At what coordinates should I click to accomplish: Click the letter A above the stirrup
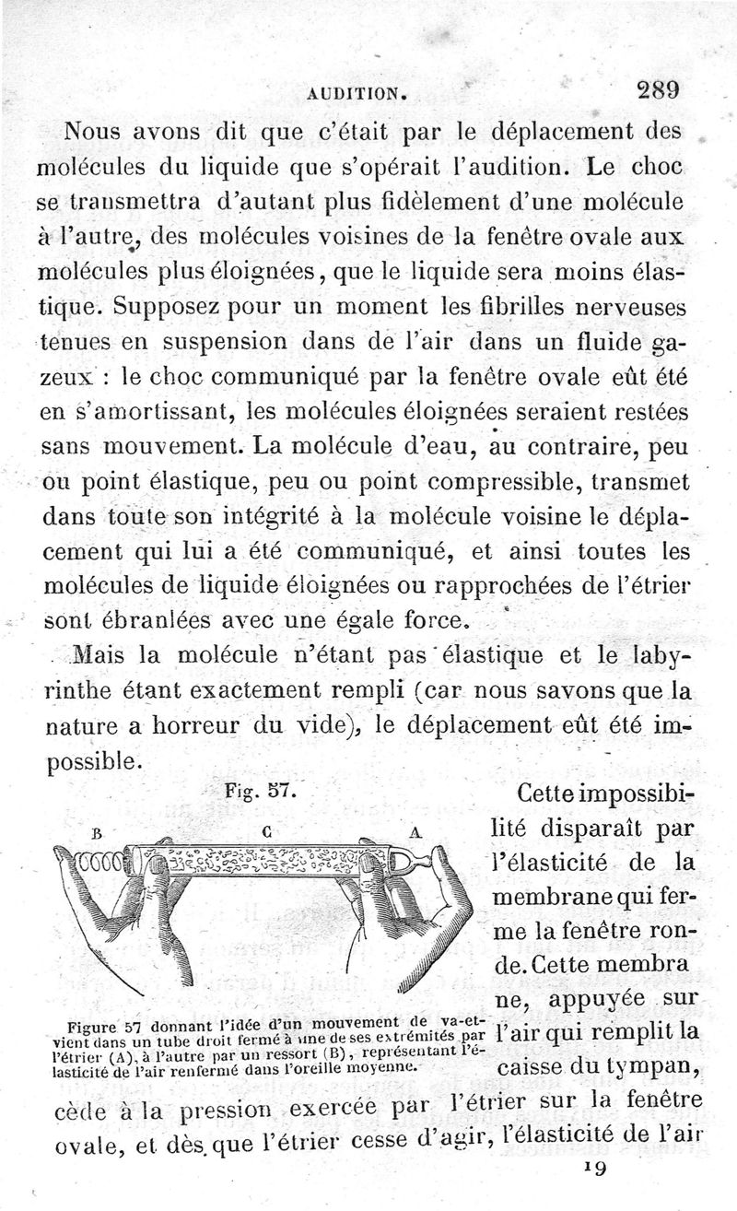415,831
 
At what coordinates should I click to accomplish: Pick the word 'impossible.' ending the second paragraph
100,761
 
